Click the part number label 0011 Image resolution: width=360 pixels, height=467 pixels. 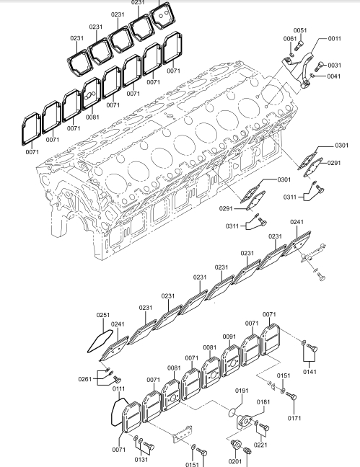334,38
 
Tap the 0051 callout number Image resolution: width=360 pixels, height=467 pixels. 299,30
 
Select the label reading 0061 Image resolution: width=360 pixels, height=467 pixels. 289,39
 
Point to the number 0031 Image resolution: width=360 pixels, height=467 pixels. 334,66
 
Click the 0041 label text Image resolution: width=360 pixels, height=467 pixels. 334,76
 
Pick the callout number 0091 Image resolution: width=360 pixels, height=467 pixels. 229,337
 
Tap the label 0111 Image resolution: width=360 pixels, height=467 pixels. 119,388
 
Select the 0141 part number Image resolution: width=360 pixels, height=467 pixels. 309,372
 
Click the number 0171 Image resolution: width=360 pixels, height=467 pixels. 294,418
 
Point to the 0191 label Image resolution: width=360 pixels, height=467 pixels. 242,391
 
